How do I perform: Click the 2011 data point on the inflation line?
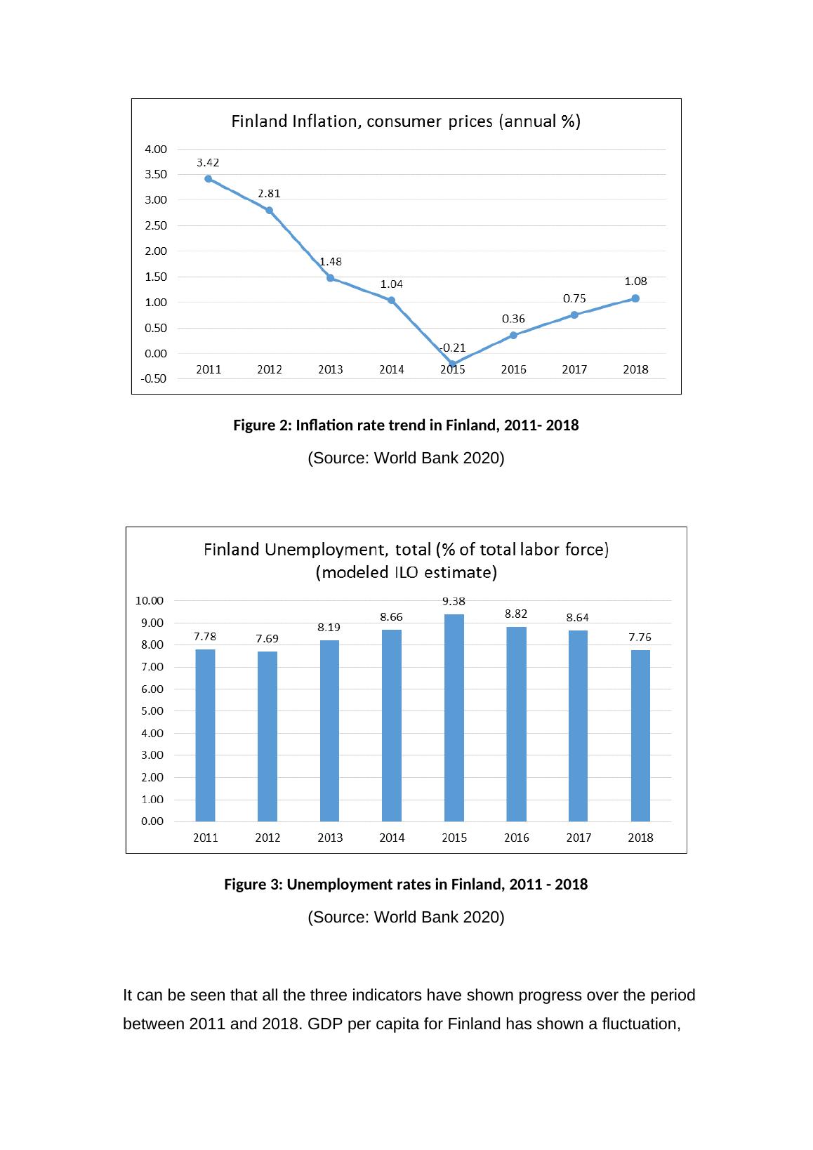tap(209, 178)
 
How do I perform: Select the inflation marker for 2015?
tap(453, 364)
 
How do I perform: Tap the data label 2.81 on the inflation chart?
tap(269, 193)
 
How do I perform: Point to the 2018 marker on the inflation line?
tap(635, 298)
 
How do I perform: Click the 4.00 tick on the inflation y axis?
tap(156, 149)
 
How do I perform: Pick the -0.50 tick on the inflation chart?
tap(154, 379)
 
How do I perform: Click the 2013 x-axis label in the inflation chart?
tap(331, 369)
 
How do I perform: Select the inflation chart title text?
tap(406, 121)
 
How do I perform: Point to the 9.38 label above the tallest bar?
tap(454, 601)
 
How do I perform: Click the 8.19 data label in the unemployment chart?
tap(329, 627)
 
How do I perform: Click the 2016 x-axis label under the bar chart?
tap(517, 838)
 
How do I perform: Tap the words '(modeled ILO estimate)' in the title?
tap(407, 572)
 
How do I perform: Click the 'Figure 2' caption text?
tap(406, 425)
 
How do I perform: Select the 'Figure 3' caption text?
tap(406, 885)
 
